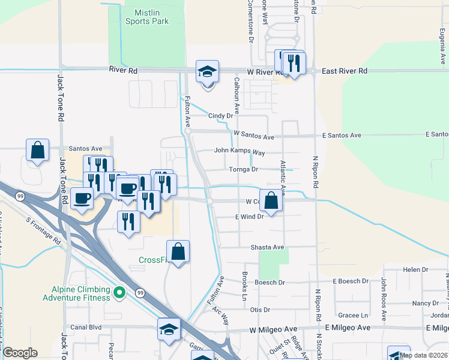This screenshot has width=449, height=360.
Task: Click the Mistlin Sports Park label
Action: click(147, 16)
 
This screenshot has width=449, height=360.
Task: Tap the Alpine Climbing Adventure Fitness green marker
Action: click(119, 293)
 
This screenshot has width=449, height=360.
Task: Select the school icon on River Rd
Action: click(208, 72)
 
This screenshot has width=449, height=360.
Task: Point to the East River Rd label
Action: click(344, 71)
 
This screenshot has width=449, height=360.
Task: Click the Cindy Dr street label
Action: click(220, 116)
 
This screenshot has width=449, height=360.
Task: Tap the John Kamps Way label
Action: click(240, 152)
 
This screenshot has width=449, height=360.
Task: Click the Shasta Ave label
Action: click(267, 247)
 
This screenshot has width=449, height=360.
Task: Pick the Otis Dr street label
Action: click(260, 310)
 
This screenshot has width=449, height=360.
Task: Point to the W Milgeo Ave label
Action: click(273, 329)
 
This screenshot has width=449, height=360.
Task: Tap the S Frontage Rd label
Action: click(43, 230)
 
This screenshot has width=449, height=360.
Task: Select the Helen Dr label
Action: click(415, 270)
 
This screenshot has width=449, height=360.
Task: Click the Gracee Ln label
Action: click(353, 315)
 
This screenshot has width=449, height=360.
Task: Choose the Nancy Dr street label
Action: click(425, 304)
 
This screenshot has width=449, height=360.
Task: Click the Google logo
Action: click(20, 353)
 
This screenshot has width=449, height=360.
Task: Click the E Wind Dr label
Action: click(249, 217)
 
